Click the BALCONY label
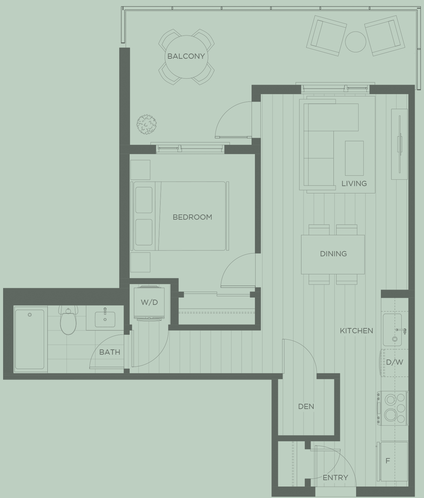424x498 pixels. pos(186,56)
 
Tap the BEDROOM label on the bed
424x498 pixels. pos(192,217)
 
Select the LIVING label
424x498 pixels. pos(354,183)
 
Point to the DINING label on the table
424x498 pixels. pos(333,254)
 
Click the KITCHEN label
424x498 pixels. pos(356,331)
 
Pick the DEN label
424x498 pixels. pos(306,406)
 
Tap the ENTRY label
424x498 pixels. pos(335,478)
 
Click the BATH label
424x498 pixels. pos(109,352)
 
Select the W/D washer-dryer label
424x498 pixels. pos(149,302)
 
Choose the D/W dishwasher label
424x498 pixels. pos(395,362)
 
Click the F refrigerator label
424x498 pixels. pos(387,461)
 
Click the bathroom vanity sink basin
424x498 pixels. pos(105,319)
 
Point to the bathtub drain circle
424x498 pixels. pos(30,315)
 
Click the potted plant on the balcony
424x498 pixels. pos(146,125)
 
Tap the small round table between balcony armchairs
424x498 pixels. pos(355,42)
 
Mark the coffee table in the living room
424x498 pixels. pos(354,158)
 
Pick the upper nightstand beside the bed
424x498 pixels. pos(140,170)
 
